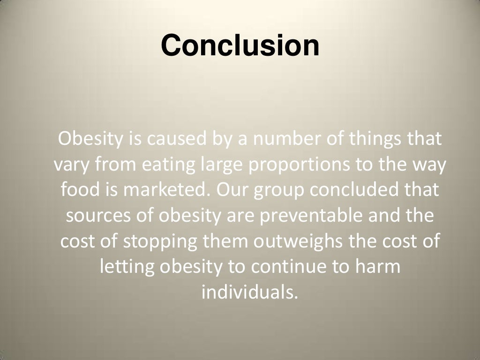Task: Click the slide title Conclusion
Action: [x=240, y=45]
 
